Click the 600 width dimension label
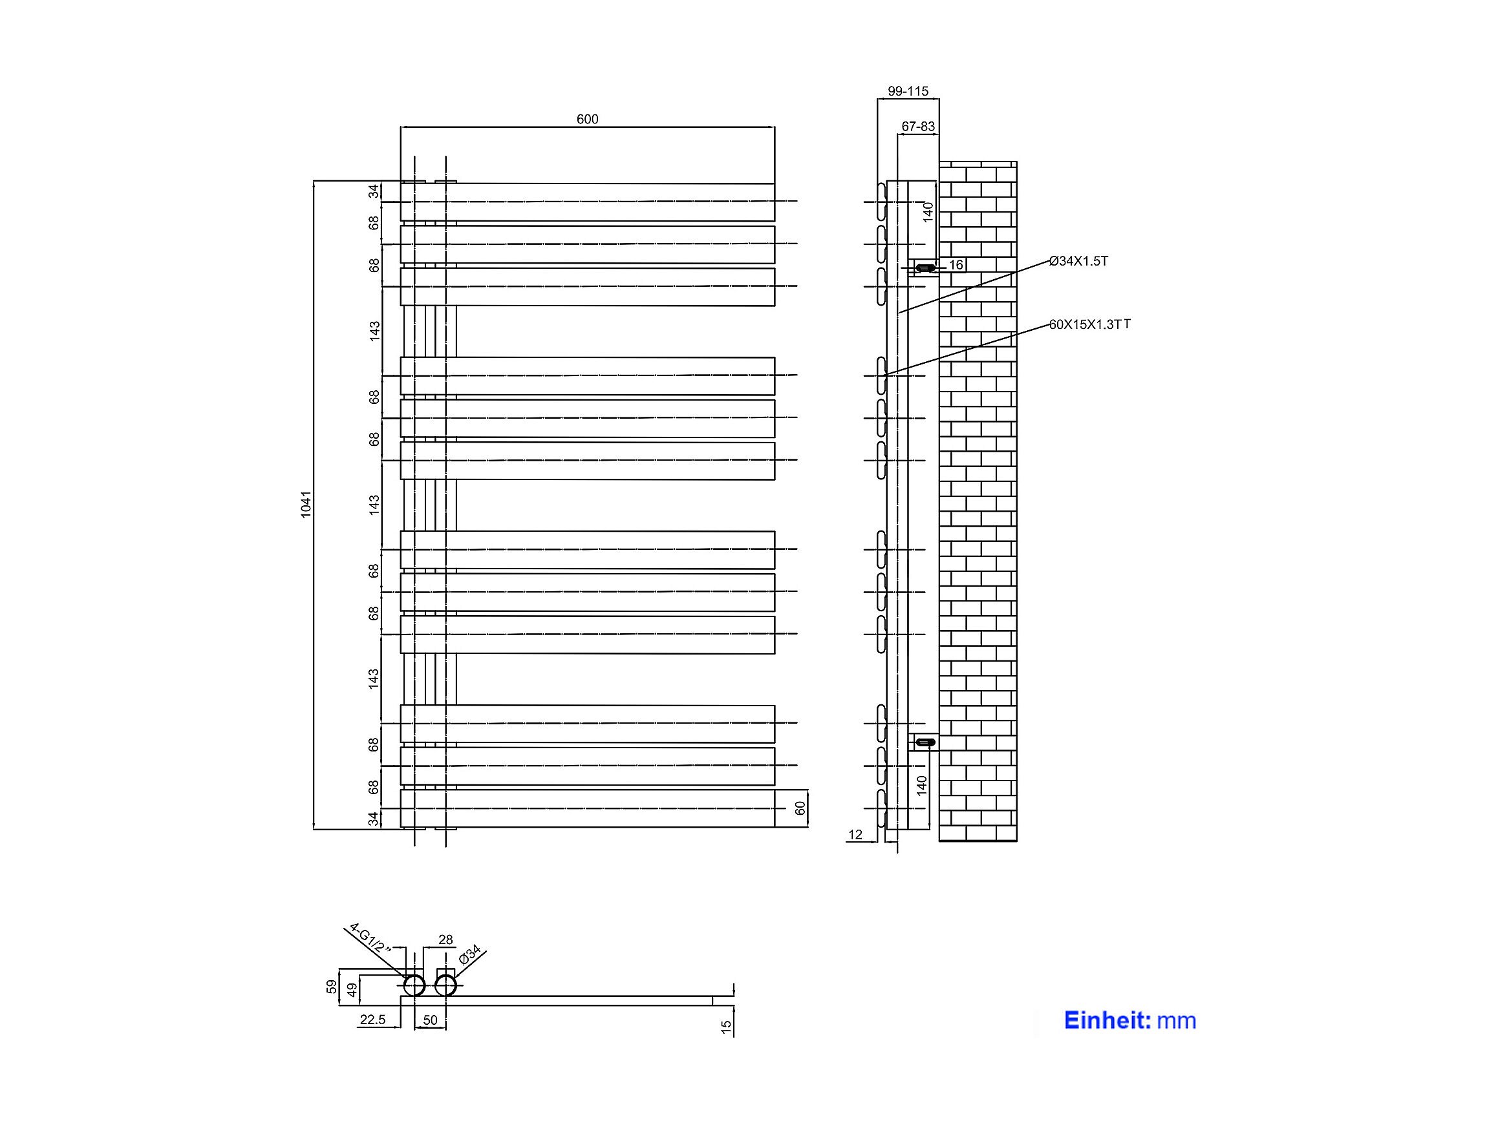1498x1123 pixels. pos(587,119)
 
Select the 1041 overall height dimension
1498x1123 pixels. pos(305,504)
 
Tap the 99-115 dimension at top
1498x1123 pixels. pos(908,90)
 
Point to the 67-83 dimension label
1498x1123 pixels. pos(918,127)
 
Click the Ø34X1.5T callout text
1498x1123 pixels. pos(1078,260)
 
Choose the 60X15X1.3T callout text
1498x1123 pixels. pos(1089,324)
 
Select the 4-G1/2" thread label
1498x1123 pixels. pos(371,938)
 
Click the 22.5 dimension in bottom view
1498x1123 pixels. pos(372,1020)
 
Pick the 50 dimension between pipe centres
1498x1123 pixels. pos(430,1020)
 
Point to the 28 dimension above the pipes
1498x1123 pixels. pos(445,939)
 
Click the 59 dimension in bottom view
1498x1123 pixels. pos(331,987)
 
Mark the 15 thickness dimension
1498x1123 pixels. pos(726,1027)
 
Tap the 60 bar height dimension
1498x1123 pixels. pos(800,808)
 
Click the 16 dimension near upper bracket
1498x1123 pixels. pos(956,265)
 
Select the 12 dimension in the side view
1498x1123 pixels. pos(855,835)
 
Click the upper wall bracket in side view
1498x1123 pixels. pos(926,268)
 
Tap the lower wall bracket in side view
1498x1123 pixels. pos(926,742)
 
